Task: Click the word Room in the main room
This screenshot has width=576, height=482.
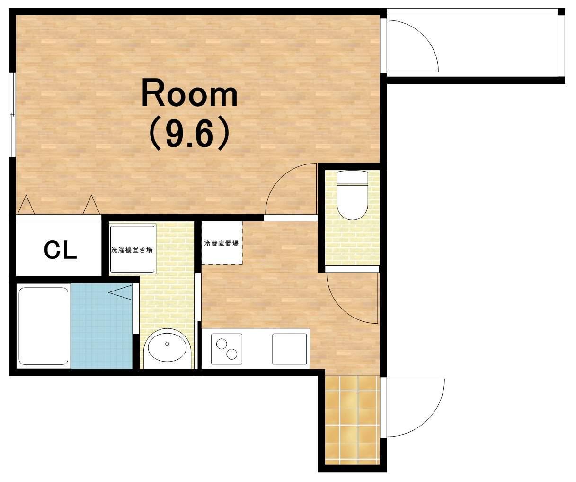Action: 189,93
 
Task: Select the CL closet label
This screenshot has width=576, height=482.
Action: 60,250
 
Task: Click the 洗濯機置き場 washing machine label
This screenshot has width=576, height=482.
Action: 132,250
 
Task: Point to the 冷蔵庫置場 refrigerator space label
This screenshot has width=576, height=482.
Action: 221,244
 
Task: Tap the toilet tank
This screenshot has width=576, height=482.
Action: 353,177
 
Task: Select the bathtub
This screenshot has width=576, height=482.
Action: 44,326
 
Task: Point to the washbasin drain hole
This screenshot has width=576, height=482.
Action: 167,344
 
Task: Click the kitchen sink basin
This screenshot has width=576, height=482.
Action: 289,349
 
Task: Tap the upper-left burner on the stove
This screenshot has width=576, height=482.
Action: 221,344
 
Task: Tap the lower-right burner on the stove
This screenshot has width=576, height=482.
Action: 232,354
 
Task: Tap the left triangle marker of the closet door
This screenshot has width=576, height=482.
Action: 26,205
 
